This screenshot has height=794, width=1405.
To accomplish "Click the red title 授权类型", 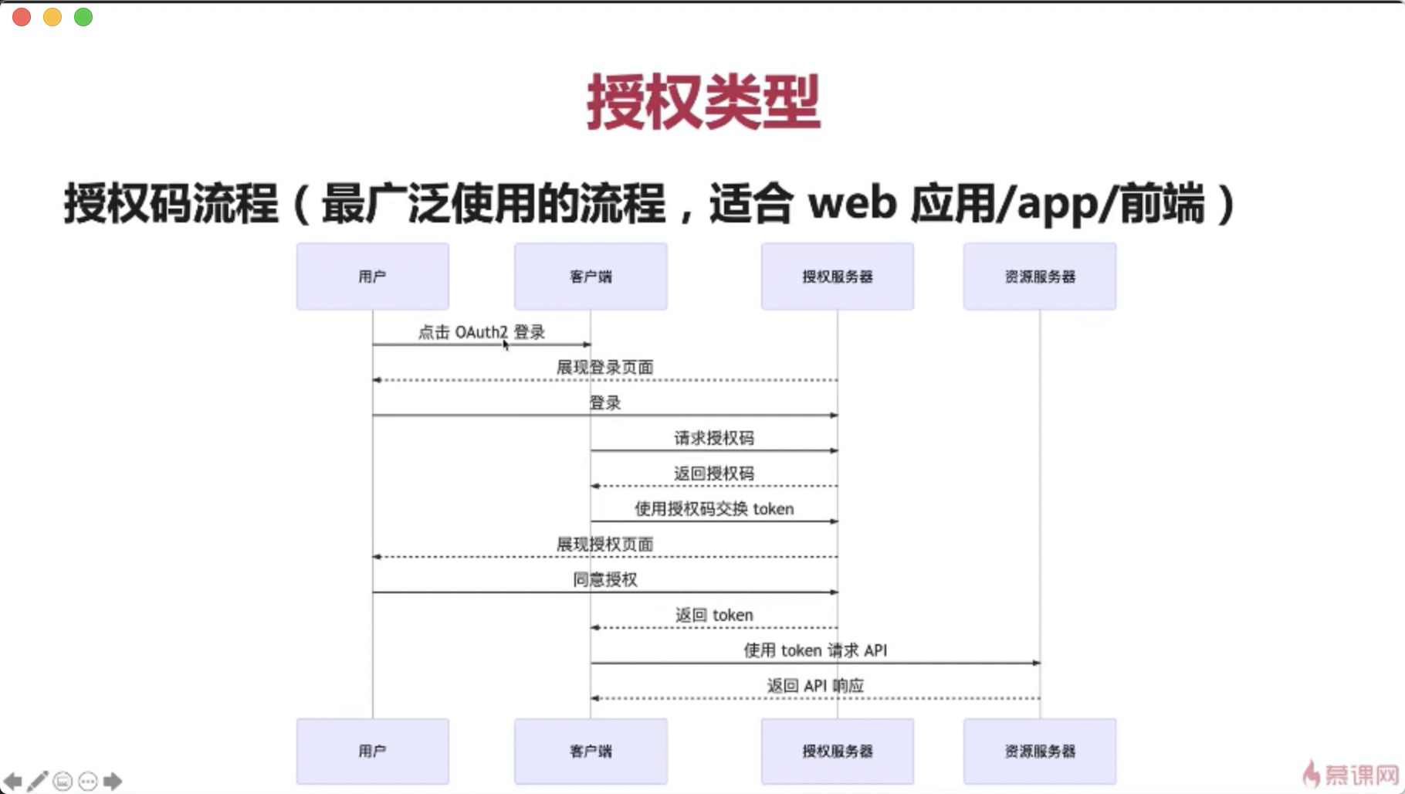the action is (x=702, y=102).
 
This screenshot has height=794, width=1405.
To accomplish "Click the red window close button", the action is (x=22, y=17).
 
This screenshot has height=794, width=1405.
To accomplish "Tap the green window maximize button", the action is (x=83, y=17).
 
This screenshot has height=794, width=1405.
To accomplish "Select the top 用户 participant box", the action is (x=372, y=277).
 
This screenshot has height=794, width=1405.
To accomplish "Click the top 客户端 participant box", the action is (x=591, y=277).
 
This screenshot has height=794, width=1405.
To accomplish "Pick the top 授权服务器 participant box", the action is (x=837, y=277).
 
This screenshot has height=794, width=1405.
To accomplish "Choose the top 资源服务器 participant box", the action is (x=1039, y=277).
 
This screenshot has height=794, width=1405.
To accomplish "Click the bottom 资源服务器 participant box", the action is (x=1039, y=751).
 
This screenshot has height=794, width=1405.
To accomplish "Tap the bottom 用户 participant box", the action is (x=372, y=751).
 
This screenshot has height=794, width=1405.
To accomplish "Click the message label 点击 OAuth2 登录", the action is (x=481, y=332).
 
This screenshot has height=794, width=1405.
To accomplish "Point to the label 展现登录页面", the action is (x=604, y=368).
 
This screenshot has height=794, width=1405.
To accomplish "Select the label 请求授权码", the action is (x=713, y=439).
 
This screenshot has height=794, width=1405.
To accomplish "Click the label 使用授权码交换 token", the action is (x=713, y=509).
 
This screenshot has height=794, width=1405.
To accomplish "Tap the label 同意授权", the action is (x=604, y=580).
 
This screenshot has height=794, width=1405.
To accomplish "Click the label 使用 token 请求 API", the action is (x=814, y=650).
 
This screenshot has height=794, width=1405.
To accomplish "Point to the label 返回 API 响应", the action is (x=814, y=686).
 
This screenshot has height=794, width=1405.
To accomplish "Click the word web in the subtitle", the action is (x=851, y=204).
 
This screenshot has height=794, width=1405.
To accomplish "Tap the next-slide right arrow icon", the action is (x=113, y=781).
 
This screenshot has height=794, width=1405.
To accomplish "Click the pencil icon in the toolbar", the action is (x=37, y=781).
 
